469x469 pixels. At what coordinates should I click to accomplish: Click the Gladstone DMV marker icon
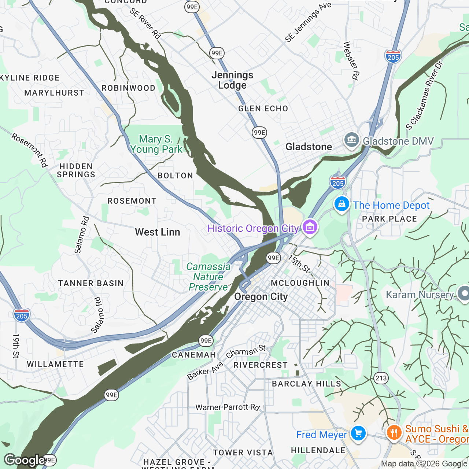(351, 140)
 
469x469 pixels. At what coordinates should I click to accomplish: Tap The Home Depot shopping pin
(341, 204)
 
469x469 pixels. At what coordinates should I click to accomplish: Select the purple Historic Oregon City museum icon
(310, 227)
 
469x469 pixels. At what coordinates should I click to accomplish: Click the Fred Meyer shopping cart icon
(358, 433)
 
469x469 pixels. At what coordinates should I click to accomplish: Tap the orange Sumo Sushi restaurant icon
(394, 433)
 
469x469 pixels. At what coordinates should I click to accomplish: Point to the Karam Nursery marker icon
(464, 293)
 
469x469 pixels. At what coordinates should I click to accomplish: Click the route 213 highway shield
(381, 378)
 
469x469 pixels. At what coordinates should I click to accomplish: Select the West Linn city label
(158, 232)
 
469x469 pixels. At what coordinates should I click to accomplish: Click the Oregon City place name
(261, 297)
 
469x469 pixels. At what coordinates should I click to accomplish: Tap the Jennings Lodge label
(232, 80)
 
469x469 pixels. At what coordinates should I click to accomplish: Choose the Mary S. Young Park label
(156, 144)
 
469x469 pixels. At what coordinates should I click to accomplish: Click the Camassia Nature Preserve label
(208, 277)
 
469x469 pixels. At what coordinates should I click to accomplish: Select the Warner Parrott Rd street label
(228, 407)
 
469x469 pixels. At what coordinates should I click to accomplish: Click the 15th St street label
(299, 264)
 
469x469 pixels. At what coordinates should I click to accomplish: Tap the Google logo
(24, 460)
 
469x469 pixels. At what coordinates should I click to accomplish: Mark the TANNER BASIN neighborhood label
(91, 283)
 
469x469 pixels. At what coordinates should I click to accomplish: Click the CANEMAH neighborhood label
(194, 355)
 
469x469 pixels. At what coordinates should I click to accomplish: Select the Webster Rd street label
(351, 61)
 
